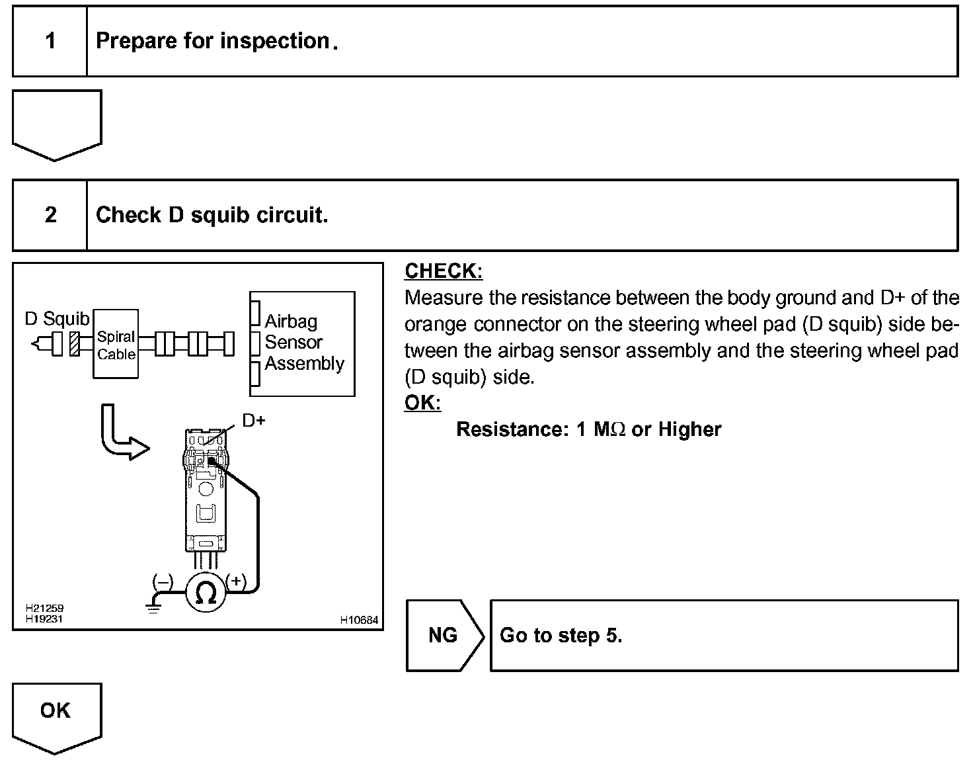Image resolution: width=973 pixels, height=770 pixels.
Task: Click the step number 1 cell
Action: coord(50,42)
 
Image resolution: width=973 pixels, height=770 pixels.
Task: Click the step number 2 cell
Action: coord(50,215)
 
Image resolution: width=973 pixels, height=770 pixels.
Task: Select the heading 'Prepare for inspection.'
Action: coord(217,41)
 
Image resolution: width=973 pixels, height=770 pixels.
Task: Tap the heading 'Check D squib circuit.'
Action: coord(212,215)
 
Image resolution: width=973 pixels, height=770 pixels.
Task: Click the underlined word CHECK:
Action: coord(444,271)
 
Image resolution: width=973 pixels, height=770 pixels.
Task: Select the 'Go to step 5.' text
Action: coord(561,636)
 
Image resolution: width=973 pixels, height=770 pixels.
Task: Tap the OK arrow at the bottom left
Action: coord(56,714)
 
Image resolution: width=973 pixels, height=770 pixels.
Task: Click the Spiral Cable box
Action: coord(116,345)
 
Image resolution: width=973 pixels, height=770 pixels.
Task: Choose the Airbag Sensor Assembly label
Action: coord(303,343)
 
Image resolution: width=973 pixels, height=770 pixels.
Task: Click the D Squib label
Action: coord(56,319)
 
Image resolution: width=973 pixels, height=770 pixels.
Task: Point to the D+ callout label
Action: coord(254,420)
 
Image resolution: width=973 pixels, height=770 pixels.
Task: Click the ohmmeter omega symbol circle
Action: coord(206,593)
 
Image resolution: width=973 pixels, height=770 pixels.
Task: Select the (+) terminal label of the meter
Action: coord(236,581)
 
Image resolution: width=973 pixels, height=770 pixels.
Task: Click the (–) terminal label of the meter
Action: coord(163,581)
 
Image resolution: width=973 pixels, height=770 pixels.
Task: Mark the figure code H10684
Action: coord(359,620)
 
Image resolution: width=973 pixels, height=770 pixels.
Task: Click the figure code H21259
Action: coord(44,608)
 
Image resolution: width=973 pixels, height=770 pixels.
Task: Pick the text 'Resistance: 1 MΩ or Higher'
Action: coord(588,429)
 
